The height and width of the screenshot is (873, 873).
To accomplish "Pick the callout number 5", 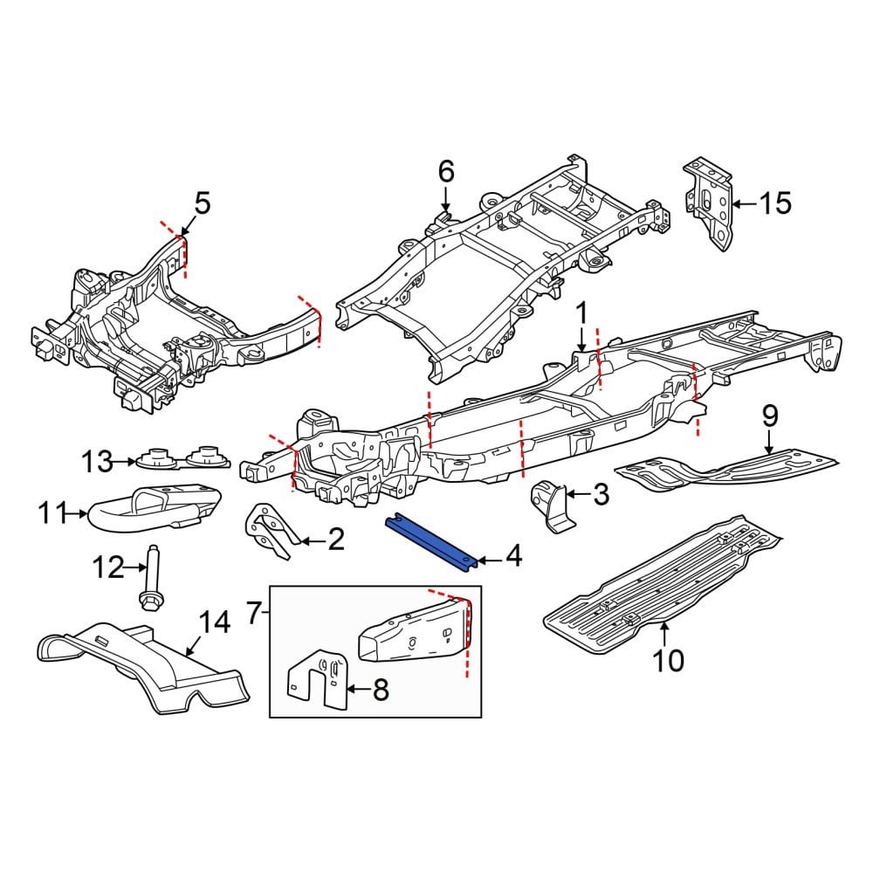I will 202,204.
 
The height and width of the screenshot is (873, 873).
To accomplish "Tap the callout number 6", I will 446,172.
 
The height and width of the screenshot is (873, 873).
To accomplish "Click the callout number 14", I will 215,622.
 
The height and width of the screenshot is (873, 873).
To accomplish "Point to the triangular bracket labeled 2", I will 266,530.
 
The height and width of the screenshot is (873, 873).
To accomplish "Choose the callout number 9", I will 769,416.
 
